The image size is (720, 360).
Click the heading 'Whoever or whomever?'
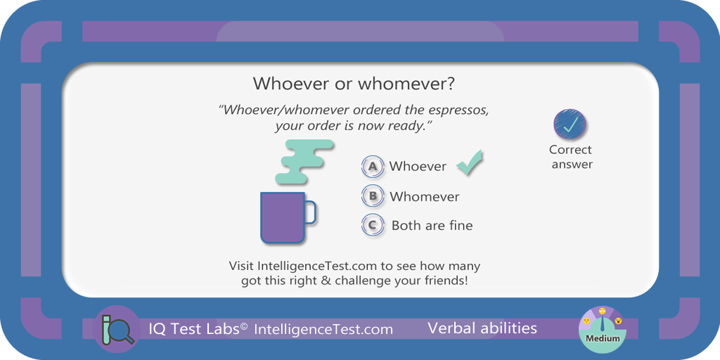(x=354, y=84)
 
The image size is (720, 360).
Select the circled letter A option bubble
(x=373, y=167)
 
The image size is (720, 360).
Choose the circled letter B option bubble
(x=373, y=197)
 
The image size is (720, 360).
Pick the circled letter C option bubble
(x=373, y=226)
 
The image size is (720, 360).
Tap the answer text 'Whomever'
(x=424, y=197)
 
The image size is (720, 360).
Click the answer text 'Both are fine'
(x=432, y=226)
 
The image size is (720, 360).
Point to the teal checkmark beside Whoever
(x=469, y=162)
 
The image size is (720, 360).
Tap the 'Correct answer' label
(x=571, y=157)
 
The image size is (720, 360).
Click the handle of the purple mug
(x=311, y=212)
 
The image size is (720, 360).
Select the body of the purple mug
(x=283, y=217)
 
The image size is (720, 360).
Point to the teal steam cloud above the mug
(x=304, y=161)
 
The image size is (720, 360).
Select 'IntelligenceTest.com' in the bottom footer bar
(x=323, y=329)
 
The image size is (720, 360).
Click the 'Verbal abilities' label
(x=482, y=328)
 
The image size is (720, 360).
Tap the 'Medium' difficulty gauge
(x=602, y=330)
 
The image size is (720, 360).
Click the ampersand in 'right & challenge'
(x=326, y=280)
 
